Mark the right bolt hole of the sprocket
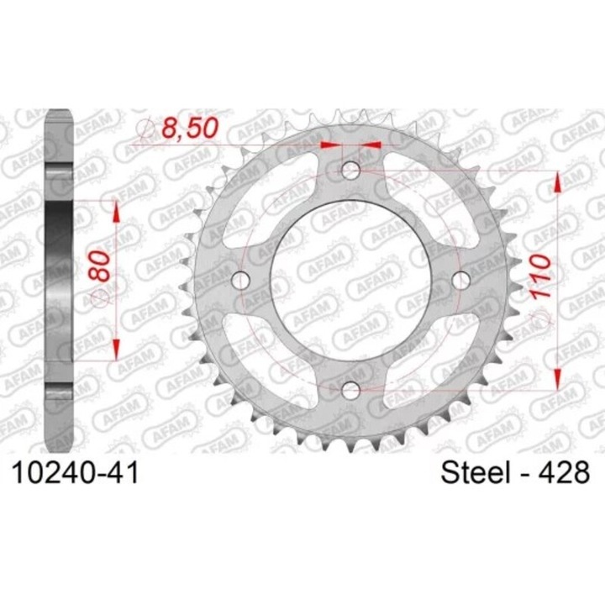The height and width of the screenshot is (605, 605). point(460,280)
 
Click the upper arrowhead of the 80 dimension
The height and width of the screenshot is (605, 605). point(114,210)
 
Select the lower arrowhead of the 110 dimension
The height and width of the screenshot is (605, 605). point(555,379)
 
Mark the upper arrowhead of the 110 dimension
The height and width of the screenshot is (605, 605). point(555,181)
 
